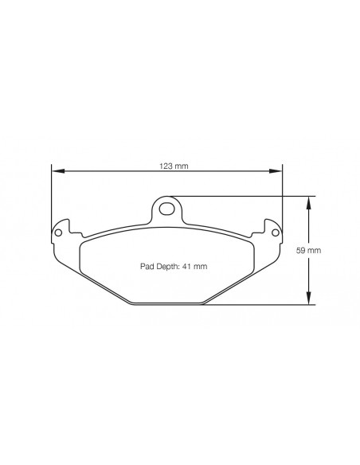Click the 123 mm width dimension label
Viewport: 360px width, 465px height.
166,166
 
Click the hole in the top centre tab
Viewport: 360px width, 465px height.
166,209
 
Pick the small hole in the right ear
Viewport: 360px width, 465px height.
276,232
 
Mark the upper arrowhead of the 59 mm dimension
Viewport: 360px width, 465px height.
309,200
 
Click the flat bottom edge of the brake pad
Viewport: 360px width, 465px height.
166,304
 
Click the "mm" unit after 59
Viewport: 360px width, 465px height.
315,250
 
